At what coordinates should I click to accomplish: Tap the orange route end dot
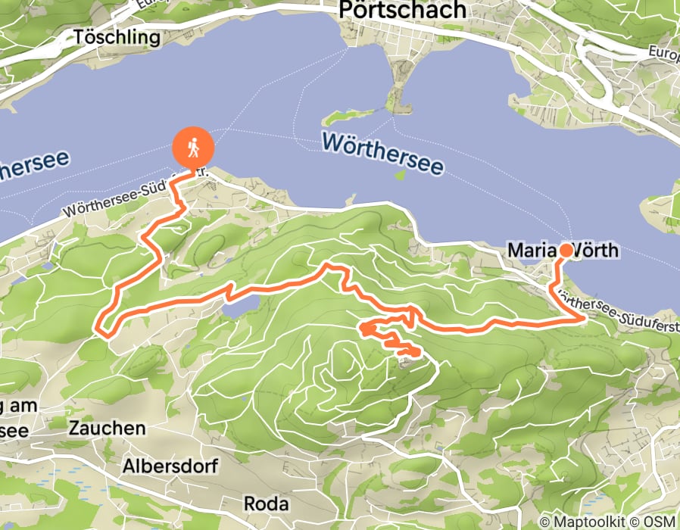click(566, 250)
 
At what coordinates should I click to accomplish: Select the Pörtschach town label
click(402, 10)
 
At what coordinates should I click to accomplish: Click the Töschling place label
click(117, 36)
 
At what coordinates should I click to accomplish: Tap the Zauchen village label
click(107, 428)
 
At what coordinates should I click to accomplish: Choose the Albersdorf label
click(164, 464)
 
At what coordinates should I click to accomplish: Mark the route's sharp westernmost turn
click(98, 328)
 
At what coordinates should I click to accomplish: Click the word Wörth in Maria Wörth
click(598, 250)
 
